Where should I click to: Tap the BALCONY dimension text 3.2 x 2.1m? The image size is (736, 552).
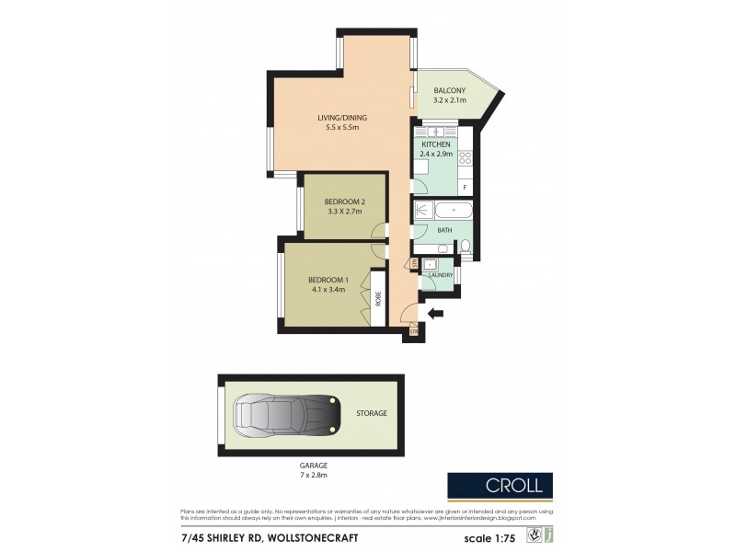coord(451,100)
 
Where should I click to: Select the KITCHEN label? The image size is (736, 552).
coord(436,144)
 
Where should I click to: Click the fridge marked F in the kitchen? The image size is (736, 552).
coord(465,188)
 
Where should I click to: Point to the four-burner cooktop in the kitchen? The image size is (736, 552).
coord(466,158)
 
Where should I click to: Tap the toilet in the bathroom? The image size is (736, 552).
coord(466,246)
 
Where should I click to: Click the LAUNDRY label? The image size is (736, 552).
coord(439,275)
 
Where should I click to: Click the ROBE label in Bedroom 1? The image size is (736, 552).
coord(377,298)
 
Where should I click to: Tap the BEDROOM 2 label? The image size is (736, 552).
coord(345,202)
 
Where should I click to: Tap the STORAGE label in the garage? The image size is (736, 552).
coord(372,413)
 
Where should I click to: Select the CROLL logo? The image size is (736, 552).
coord(500,485)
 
